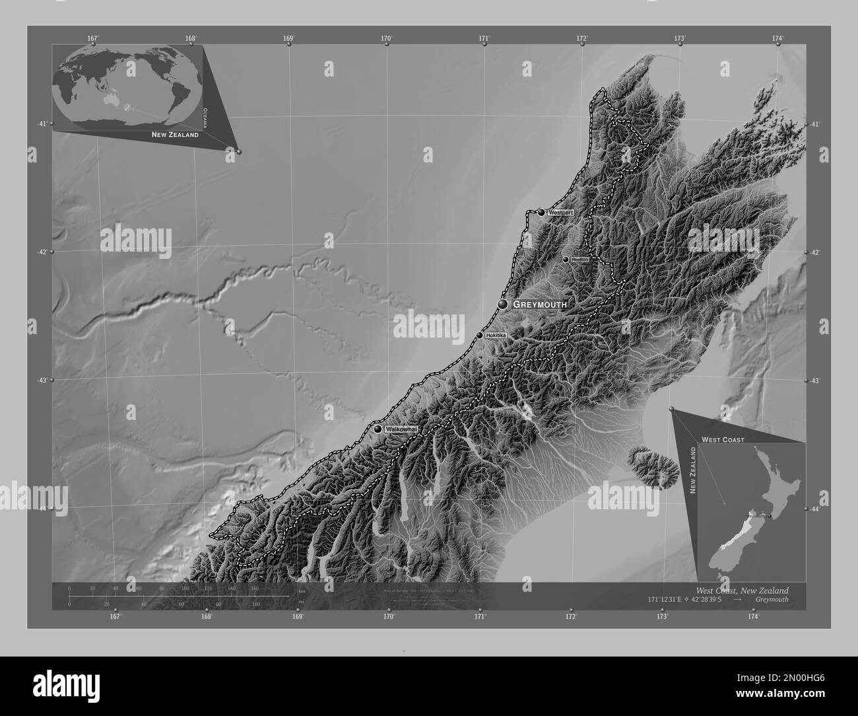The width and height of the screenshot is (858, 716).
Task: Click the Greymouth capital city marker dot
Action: (504, 304)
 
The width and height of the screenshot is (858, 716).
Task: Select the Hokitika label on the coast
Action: (496, 336)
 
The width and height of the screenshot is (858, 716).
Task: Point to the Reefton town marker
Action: (566, 260)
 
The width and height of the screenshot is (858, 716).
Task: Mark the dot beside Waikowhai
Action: (378, 429)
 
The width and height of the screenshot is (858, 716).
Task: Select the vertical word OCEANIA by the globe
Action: (205, 116)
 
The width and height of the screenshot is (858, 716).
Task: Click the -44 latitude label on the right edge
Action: (816, 509)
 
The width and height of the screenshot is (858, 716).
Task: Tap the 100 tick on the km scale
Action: (185, 588)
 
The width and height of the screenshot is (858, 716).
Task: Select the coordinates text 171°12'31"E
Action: (671, 598)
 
